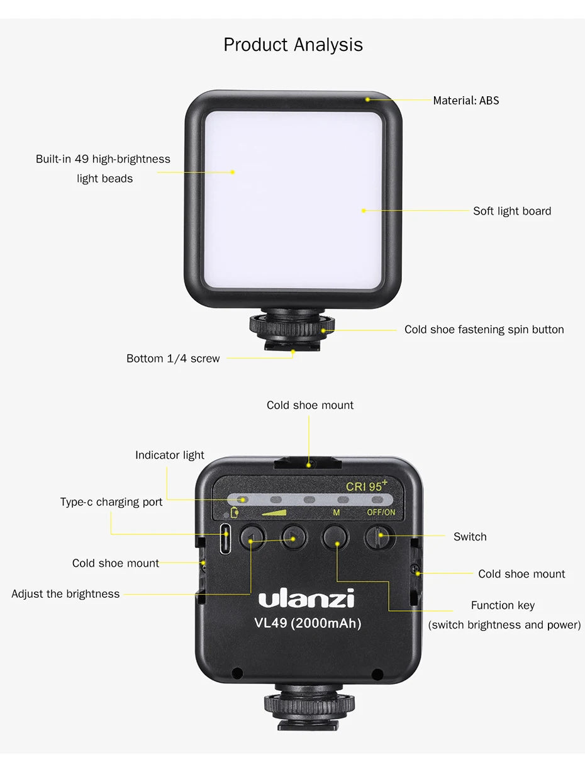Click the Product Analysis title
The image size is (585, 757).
click(293, 45)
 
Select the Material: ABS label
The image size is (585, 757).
click(465, 101)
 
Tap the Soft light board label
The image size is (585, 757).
click(512, 211)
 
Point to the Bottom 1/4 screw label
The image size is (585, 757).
click(173, 359)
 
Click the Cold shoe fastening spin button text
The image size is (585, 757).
click(484, 330)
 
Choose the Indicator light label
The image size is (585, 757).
click(170, 455)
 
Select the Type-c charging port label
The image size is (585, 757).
click(111, 502)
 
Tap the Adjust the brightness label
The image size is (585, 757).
click(65, 594)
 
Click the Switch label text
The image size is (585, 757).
click(470, 537)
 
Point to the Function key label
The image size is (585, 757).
click(503, 605)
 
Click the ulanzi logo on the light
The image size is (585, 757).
click(306, 598)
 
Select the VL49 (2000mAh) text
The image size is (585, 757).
click(308, 624)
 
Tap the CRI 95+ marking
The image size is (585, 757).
click(366, 486)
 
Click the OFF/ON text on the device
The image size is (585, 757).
click(381, 512)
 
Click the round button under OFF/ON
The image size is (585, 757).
click(379, 537)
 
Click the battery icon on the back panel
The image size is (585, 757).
click(235, 512)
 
